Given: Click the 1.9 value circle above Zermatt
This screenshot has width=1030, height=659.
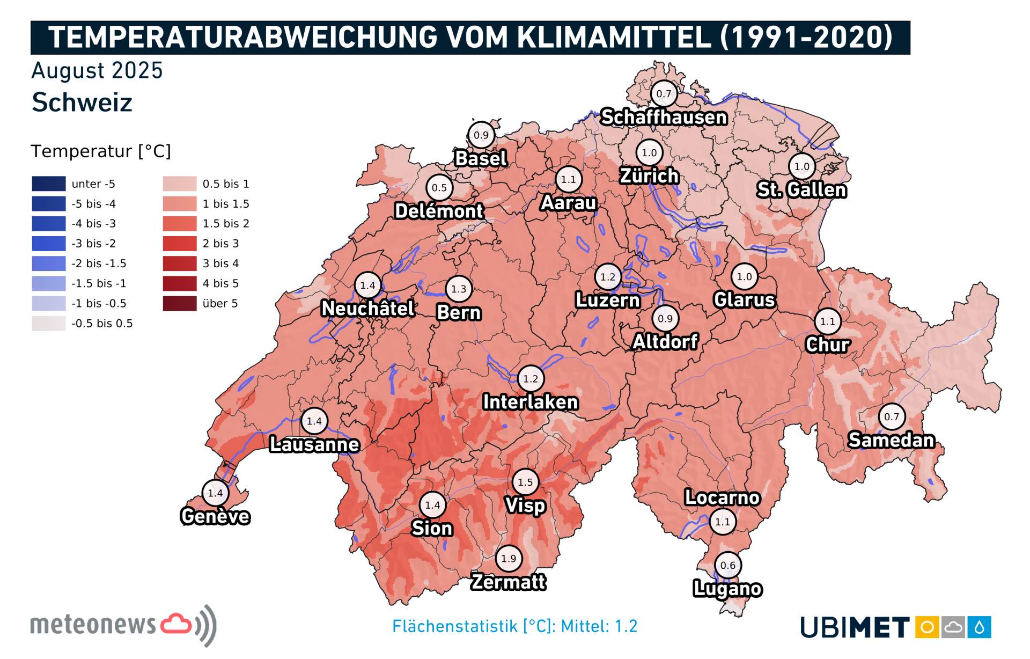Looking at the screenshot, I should [x=508, y=558].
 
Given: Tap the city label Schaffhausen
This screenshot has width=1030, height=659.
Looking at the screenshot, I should [x=664, y=117].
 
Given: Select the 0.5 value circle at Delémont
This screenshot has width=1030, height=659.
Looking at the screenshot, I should [x=439, y=188].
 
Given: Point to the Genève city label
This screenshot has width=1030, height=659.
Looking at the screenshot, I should [x=215, y=516].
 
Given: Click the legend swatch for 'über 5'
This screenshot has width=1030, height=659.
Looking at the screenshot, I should [x=180, y=303].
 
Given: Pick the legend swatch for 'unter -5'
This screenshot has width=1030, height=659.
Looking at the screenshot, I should [x=48, y=184].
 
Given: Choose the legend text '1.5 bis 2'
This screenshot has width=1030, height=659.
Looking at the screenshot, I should [x=226, y=223].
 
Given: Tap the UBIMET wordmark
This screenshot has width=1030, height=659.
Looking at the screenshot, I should [x=855, y=627].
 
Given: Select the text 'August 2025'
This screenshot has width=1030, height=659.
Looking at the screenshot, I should [x=97, y=71].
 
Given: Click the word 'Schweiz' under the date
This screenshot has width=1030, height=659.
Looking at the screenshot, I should [x=82, y=102].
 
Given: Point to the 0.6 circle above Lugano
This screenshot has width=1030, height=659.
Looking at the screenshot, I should [x=727, y=565].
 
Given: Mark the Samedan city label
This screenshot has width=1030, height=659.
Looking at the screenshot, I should [x=891, y=440].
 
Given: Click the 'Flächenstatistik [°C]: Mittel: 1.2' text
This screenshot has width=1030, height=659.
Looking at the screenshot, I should [x=514, y=626].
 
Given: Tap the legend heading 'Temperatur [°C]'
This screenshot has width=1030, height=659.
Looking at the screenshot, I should [x=101, y=151].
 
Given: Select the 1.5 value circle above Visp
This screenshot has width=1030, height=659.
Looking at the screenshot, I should [x=525, y=482].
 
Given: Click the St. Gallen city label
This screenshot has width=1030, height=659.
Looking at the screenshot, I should [x=801, y=189].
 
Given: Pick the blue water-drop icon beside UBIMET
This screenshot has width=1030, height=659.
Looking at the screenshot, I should [x=980, y=627].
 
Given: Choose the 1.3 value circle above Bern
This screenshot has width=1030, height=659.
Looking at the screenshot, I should [x=459, y=289].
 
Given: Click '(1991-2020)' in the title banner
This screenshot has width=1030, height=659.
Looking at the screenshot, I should [x=806, y=37].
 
